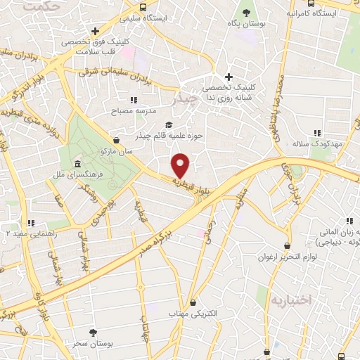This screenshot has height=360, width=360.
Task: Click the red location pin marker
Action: tap(181, 166)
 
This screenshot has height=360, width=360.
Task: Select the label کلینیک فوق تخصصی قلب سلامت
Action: tap(96, 49)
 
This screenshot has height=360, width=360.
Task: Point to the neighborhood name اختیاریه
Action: tap(290, 300)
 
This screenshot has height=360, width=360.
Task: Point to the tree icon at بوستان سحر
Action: tap(94, 331)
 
